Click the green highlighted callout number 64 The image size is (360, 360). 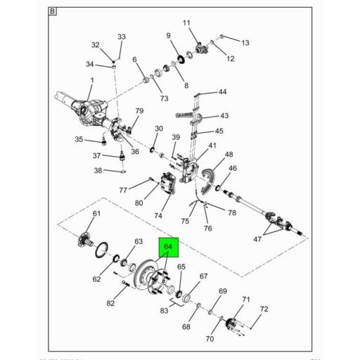168,247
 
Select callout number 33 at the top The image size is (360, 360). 121,37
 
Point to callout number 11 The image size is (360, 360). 187,23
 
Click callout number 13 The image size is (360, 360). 245,43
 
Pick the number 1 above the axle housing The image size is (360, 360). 90,79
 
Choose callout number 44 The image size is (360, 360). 222,92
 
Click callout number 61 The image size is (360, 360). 97,214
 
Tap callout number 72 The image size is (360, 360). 264,309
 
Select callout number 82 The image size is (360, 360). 110,303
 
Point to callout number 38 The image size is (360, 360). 98,170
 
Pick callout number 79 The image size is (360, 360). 139,111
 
